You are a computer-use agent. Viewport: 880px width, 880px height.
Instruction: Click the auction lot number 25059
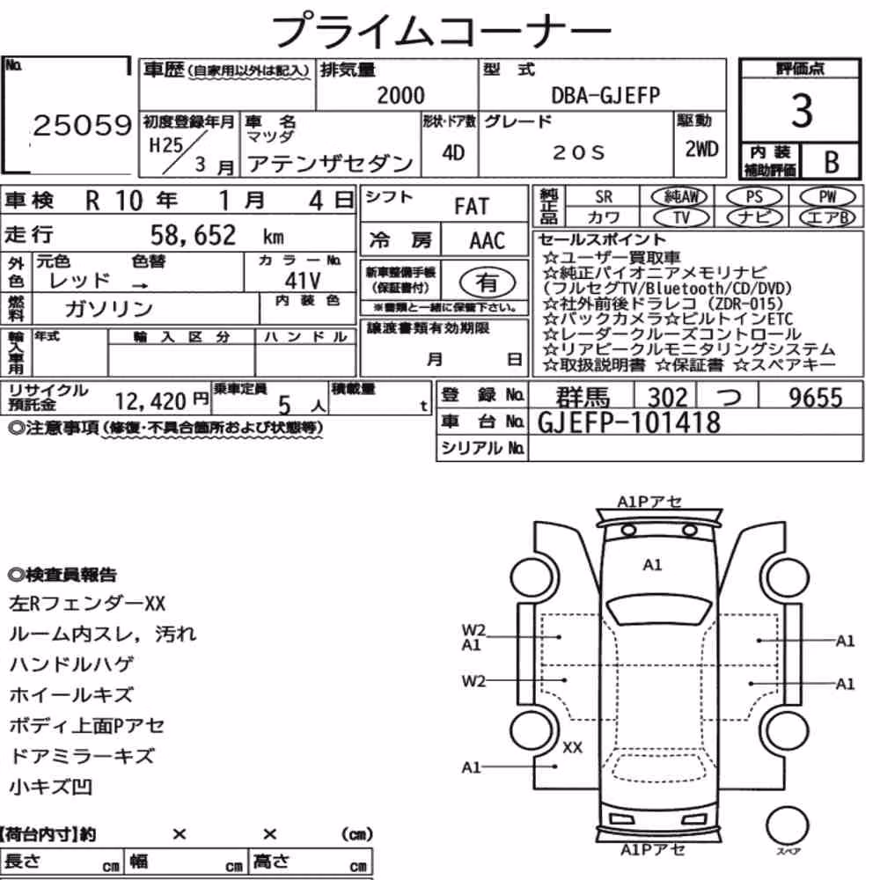[x=82, y=125]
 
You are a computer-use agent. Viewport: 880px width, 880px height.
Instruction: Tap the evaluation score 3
[x=802, y=111]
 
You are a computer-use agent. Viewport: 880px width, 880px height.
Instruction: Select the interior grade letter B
[x=832, y=162]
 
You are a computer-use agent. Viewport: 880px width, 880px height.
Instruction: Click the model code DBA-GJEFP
[x=605, y=95]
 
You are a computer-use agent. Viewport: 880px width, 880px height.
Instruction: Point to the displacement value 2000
[x=400, y=95]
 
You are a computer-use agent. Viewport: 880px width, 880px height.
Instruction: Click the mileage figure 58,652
[x=193, y=235]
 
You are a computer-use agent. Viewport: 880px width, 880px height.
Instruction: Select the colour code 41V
[x=303, y=280]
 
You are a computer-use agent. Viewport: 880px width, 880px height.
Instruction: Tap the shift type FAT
[x=472, y=206]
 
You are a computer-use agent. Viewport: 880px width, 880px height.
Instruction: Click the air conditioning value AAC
[x=488, y=241]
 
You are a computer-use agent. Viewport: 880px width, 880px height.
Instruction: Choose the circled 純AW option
[x=679, y=197]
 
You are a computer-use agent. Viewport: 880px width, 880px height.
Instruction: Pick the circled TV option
[x=681, y=217]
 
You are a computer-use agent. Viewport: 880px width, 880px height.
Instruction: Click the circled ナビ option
[x=755, y=217]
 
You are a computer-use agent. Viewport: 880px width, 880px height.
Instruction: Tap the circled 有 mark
[x=488, y=282]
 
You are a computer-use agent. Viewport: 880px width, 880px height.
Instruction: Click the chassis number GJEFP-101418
[x=628, y=422]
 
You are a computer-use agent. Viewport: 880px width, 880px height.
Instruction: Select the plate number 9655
[x=816, y=398]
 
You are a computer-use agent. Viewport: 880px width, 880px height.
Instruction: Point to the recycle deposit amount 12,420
[x=150, y=400]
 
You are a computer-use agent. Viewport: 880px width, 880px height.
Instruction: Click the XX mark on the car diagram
[x=572, y=747]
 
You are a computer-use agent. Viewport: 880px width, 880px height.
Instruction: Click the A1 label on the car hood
[x=652, y=565]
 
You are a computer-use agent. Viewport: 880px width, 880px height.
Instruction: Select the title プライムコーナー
[x=441, y=30]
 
